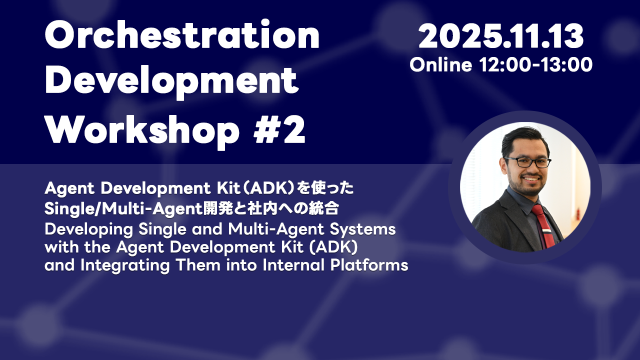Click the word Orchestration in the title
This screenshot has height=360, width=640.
(x=182, y=36)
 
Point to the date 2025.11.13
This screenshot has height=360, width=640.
(x=501, y=36)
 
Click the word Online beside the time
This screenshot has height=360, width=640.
(x=440, y=64)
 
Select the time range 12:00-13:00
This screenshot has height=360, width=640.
(x=535, y=64)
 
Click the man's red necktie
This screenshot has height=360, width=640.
(x=543, y=225)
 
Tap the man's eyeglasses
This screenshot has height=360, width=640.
(x=527, y=162)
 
